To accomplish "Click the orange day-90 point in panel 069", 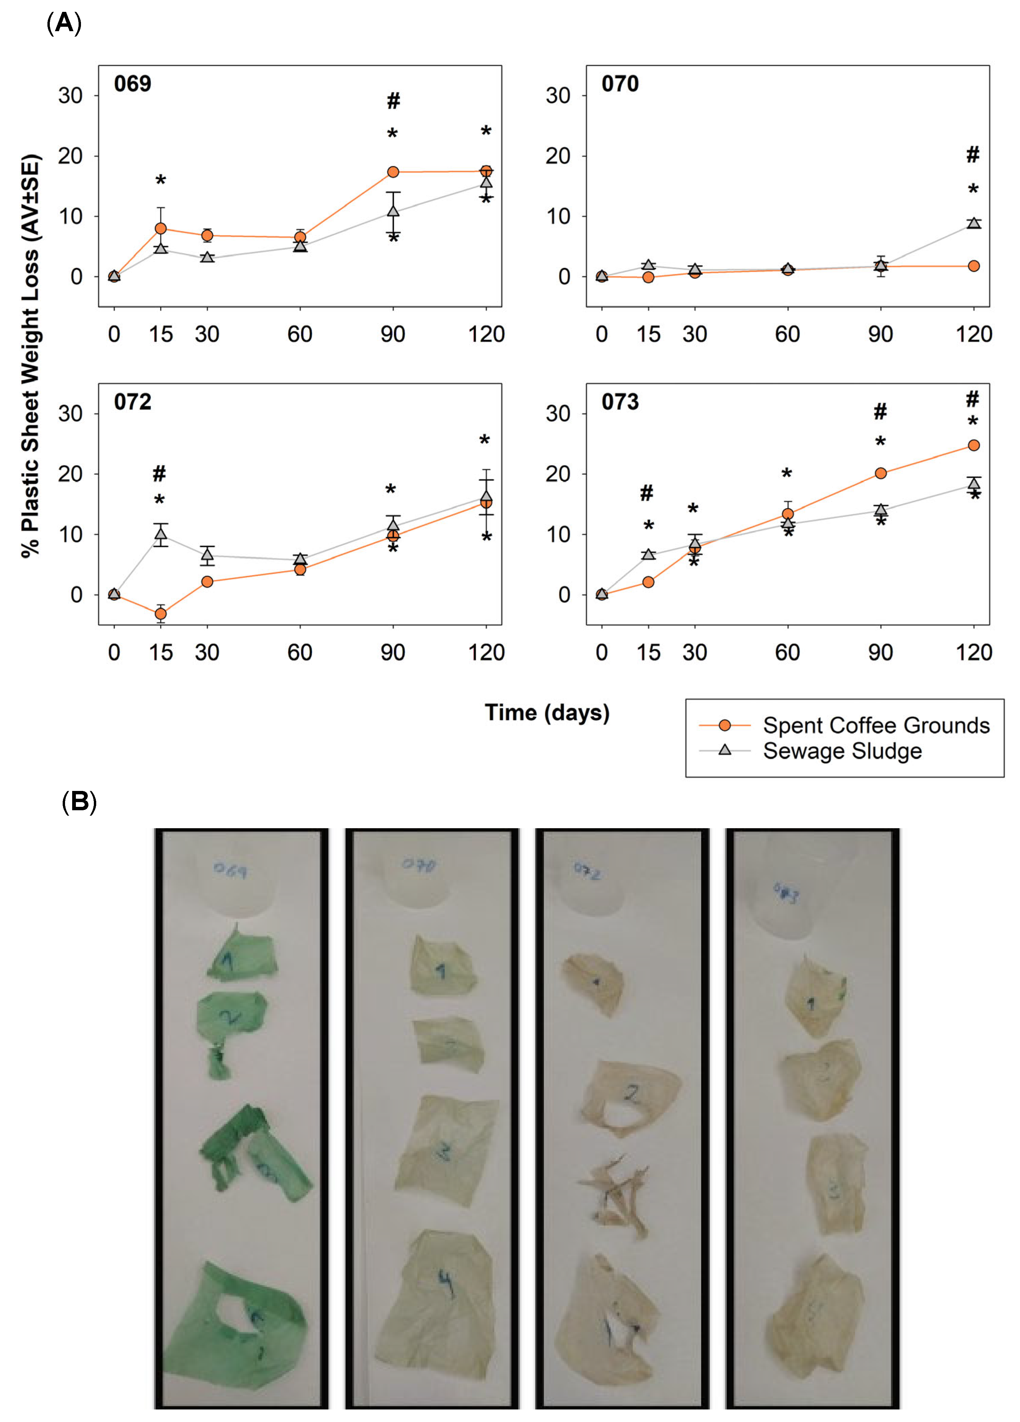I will pos(393,172).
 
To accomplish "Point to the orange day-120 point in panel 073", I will pos(974,445).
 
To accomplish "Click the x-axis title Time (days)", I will pos(547,713).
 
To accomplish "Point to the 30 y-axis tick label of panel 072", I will pos(70,414).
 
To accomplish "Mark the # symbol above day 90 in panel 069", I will pos(393,100).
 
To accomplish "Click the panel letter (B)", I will pos(79,801).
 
